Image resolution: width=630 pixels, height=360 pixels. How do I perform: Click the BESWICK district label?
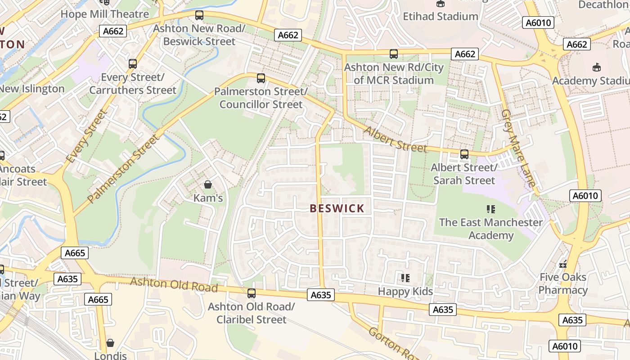(337, 208)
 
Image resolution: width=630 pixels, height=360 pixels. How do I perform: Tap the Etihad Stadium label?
(440, 17)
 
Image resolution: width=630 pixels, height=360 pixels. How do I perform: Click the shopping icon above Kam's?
(208, 184)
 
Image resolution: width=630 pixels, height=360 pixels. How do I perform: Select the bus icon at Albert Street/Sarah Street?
(464, 154)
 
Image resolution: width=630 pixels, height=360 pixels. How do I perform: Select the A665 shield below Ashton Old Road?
(98, 300)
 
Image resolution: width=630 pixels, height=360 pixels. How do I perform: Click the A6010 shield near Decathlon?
(538, 23)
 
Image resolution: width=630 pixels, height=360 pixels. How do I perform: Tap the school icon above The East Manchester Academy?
(491, 209)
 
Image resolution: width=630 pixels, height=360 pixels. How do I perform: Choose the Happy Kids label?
(405, 292)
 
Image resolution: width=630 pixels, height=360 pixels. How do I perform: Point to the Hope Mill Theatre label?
(104, 14)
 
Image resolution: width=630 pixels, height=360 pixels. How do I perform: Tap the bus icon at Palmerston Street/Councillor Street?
(261, 78)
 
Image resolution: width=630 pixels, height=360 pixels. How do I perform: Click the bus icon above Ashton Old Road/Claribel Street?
(252, 293)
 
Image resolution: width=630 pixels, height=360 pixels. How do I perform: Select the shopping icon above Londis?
(110, 343)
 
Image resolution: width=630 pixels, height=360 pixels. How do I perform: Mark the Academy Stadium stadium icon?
(597, 67)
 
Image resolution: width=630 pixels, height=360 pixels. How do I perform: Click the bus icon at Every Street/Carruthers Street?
(133, 64)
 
